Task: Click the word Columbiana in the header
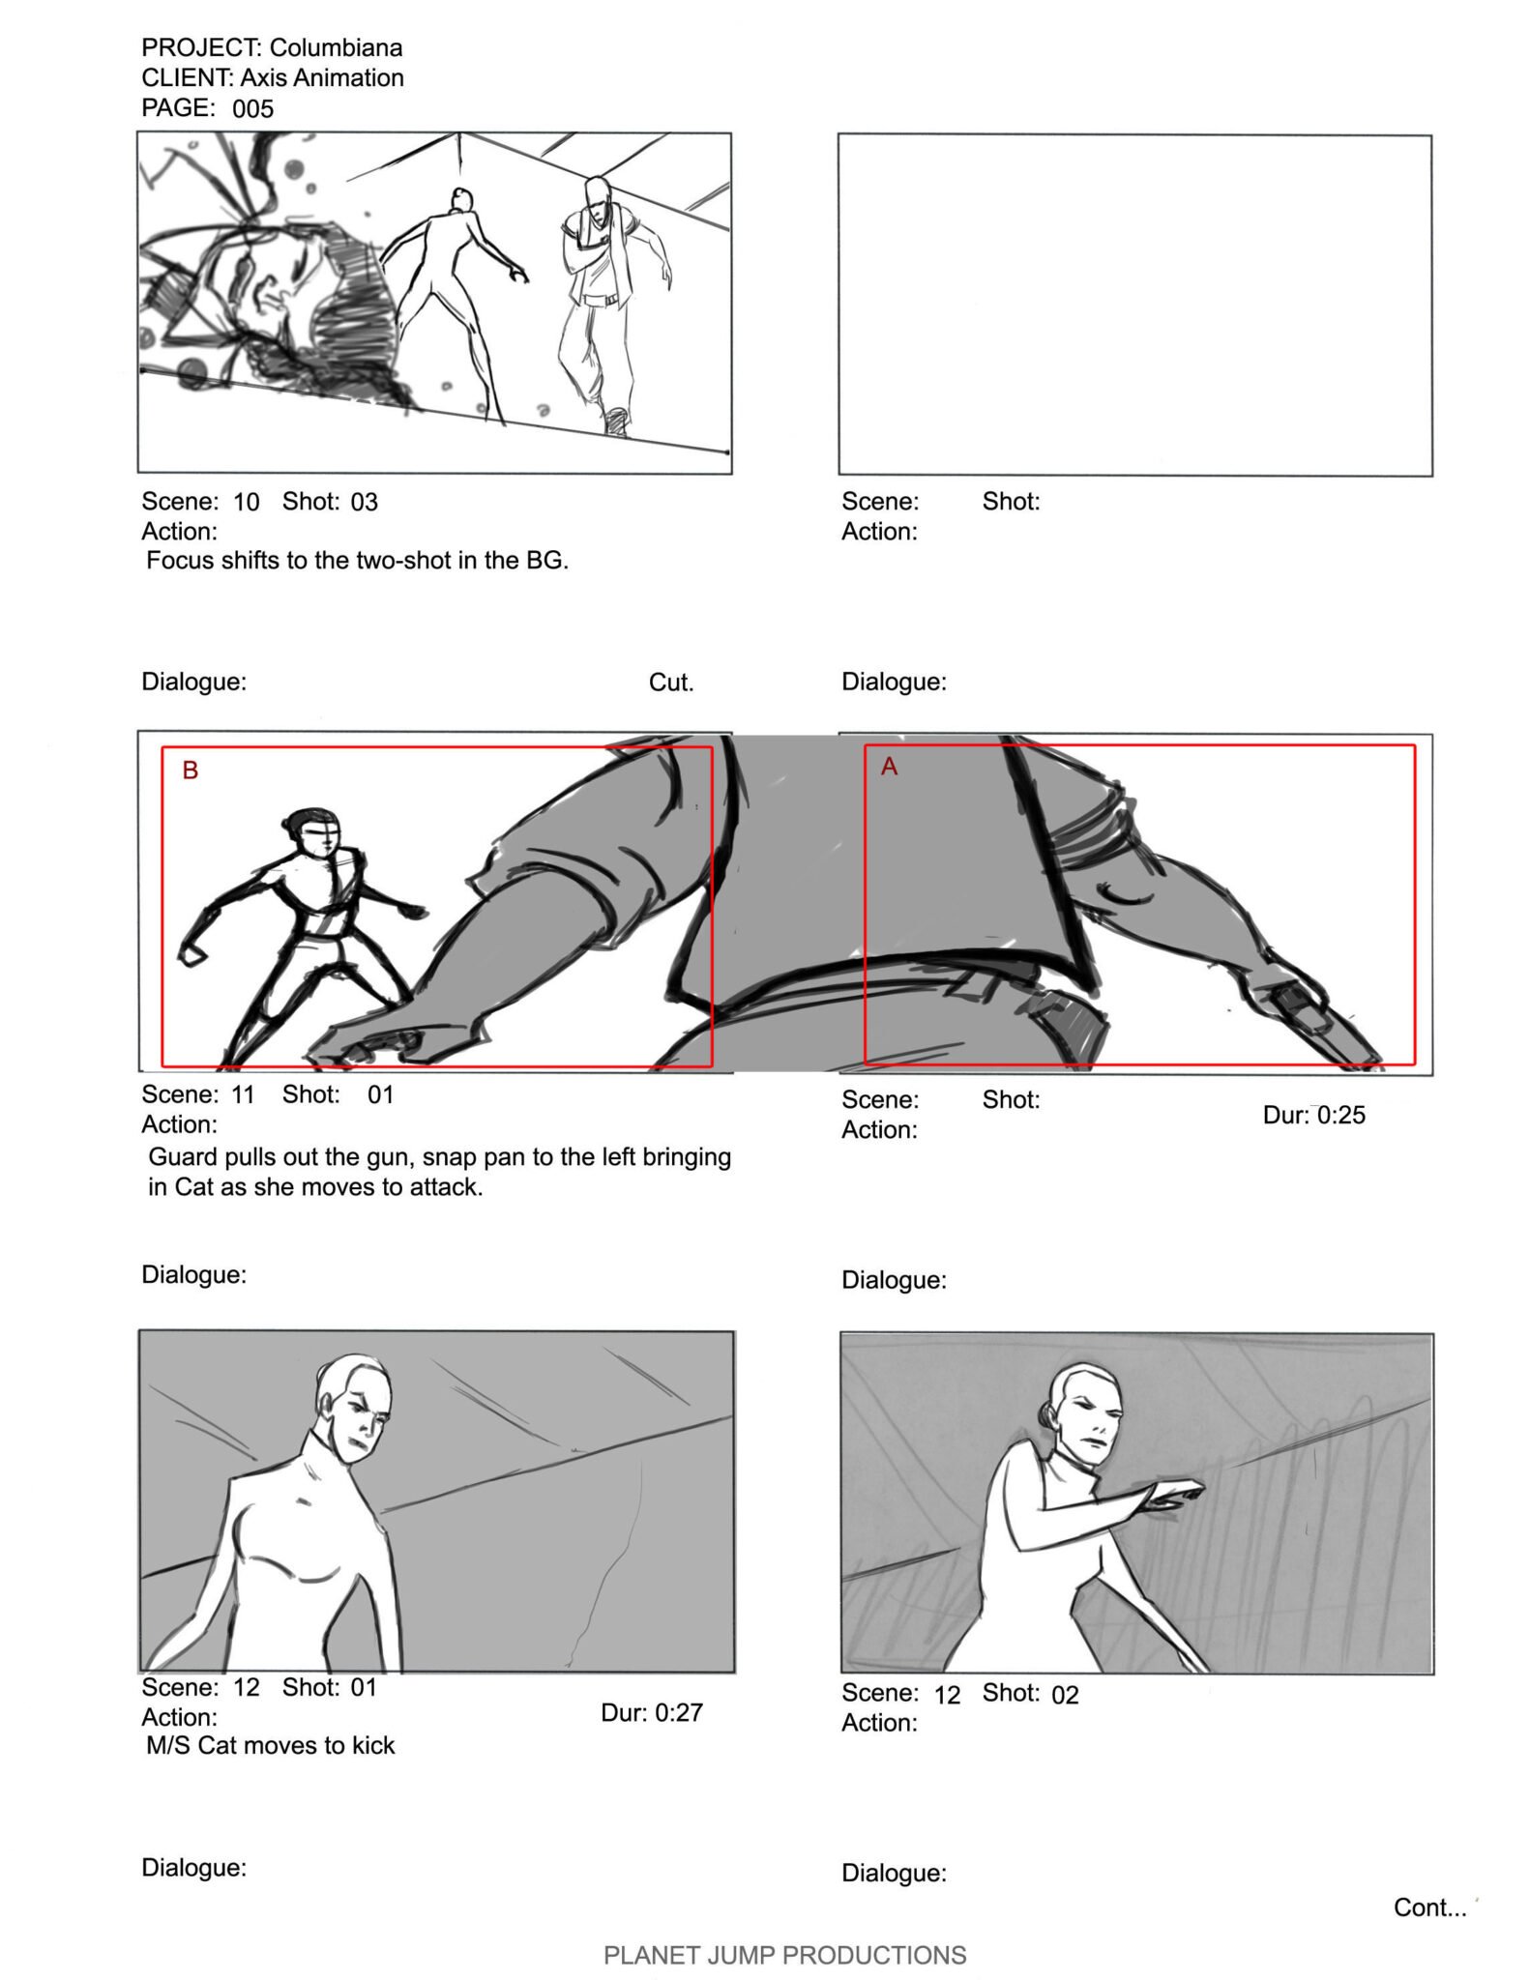coord(336,47)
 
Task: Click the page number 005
coord(252,108)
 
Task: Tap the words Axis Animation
coord(322,77)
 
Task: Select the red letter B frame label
coord(191,770)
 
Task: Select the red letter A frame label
coord(890,767)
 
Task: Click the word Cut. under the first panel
coord(671,683)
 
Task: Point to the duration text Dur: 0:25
coord(1314,1115)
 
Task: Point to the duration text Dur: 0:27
coord(652,1712)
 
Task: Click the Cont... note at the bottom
coord(1430,1907)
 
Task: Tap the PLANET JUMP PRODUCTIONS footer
coord(785,1956)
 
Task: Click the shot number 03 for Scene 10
coord(364,502)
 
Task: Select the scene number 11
coord(243,1094)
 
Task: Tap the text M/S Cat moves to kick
coord(271,1745)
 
